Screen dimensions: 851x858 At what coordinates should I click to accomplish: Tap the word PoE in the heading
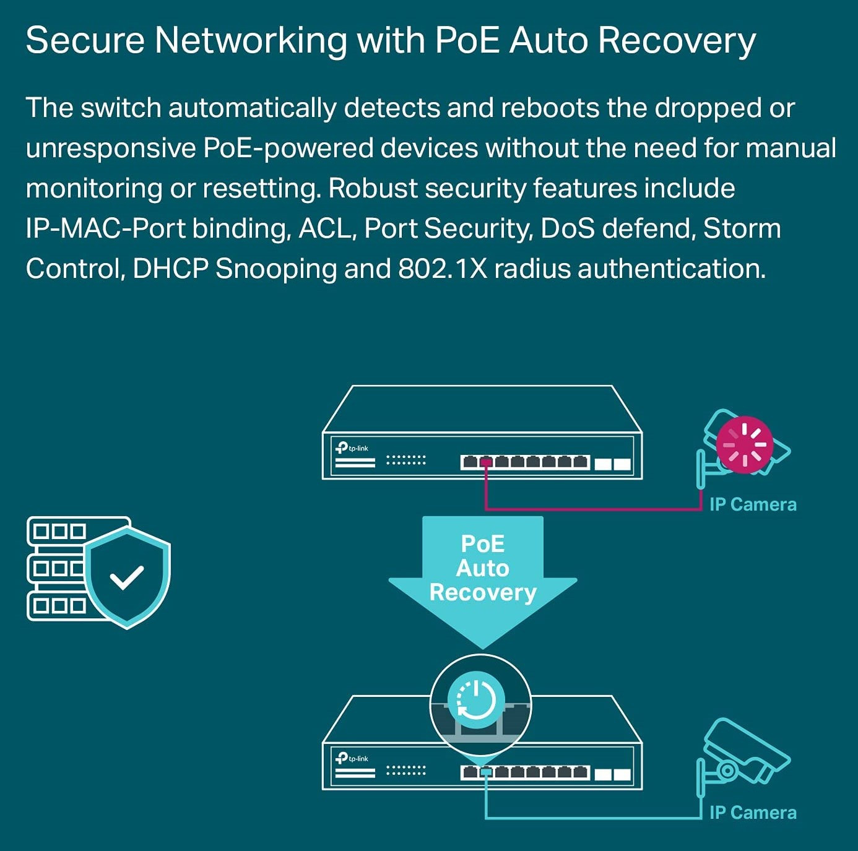(x=467, y=41)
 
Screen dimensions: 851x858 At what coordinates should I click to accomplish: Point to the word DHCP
(x=170, y=269)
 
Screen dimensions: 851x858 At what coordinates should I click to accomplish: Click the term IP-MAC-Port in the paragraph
(x=105, y=228)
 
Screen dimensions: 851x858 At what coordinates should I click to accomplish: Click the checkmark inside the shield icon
(x=127, y=577)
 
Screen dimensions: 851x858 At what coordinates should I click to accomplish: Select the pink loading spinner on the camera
(x=744, y=444)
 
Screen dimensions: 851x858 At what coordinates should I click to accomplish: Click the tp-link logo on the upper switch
(x=352, y=447)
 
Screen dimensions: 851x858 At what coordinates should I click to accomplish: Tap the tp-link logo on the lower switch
(x=352, y=758)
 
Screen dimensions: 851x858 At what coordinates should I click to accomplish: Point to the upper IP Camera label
(x=753, y=504)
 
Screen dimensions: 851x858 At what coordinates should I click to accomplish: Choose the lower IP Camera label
(x=753, y=813)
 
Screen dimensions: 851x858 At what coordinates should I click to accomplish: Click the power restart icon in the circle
(x=476, y=701)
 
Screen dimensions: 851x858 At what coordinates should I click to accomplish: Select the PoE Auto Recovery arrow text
(x=483, y=568)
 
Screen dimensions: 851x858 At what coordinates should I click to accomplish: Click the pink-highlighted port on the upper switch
(x=486, y=462)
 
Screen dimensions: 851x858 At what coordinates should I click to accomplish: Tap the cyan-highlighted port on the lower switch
(x=486, y=772)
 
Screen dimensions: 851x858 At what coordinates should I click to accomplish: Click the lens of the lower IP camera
(x=727, y=771)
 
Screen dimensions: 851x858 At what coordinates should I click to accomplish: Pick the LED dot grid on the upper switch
(x=406, y=460)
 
